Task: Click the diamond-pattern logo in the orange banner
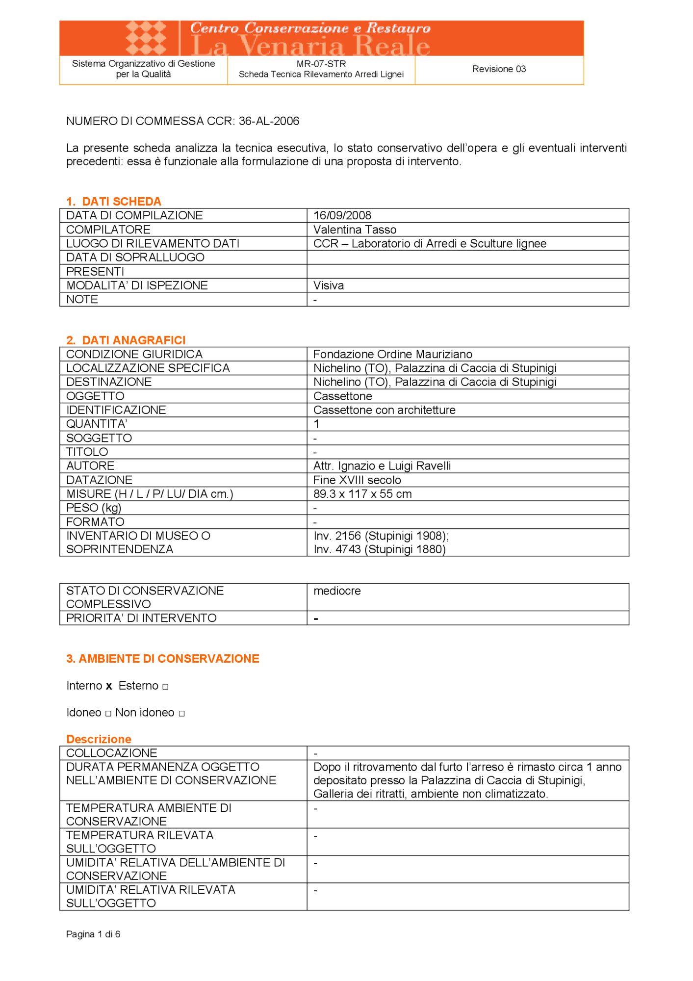coord(146,37)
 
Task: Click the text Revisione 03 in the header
coord(499,69)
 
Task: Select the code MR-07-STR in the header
coord(321,64)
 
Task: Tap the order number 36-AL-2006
coord(269,121)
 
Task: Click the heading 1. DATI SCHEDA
coord(114,202)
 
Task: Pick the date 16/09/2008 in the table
coord(342,215)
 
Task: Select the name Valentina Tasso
coord(355,230)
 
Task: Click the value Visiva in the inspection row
coord(329,285)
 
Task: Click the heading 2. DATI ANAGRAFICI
coord(126,340)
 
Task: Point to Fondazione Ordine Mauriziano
coord(392,354)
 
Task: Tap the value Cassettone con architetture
coord(384,410)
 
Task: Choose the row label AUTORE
coord(90,466)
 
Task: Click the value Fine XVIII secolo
coord(357,480)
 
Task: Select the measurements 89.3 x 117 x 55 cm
coord(362,494)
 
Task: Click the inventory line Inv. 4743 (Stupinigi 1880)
coord(379,549)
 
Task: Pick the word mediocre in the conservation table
coord(337,591)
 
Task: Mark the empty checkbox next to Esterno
coord(165,687)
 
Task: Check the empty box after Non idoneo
coord(181,714)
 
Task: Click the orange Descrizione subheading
coord(99,739)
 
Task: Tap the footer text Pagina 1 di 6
coord(93,934)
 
